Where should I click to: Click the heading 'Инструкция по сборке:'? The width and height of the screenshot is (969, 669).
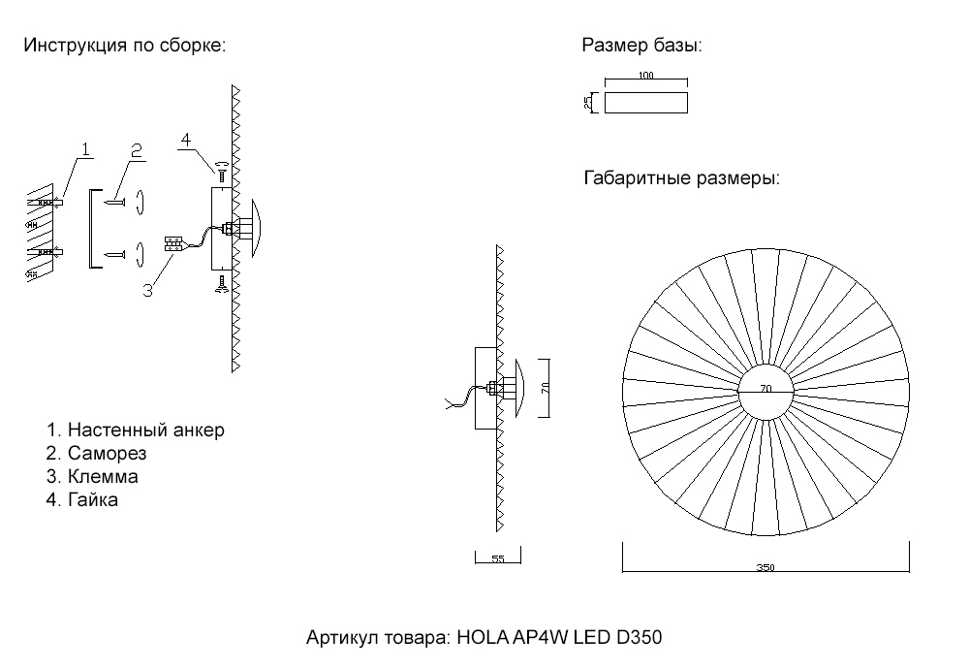coord(124,46)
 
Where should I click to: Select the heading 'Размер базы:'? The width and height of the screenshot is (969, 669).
coord(641,46)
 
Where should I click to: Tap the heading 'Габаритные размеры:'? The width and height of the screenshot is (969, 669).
coord(682,179)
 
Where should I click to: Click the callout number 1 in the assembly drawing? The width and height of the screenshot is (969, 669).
coord(85,149)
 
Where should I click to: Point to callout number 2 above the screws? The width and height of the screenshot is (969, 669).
coord(137,149)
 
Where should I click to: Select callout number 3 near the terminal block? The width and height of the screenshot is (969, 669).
coord(147,290)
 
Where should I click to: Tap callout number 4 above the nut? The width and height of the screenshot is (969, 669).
coord(185,140)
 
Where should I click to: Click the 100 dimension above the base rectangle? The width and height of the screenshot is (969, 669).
coord(646,76)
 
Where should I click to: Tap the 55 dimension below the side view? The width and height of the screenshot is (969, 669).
coord(498,559)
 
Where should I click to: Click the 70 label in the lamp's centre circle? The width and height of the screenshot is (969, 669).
coord(766,390)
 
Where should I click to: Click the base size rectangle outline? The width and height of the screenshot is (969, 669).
coord(646,102)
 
